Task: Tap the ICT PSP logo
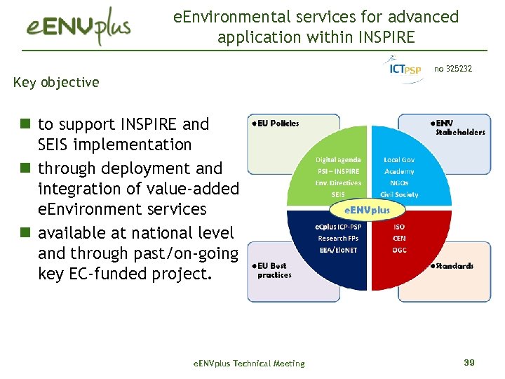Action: point(405,69)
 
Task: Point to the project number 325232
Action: point(453,69)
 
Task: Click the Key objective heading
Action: point(56,82)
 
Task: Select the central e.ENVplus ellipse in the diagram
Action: point(367,209)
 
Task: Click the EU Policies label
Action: point(276,124)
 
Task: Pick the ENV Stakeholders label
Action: point(457,127)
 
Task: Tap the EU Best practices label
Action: point(274,270)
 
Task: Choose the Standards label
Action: point(452,266)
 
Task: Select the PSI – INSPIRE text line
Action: point(338,171)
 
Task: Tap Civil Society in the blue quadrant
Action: point(399,194)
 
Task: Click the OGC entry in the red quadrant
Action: point(398,250)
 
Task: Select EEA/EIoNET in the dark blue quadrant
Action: point(337,250)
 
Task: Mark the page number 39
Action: point(469,362)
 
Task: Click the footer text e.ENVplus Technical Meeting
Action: point(248,364)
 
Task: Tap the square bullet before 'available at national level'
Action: point(25,232)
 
